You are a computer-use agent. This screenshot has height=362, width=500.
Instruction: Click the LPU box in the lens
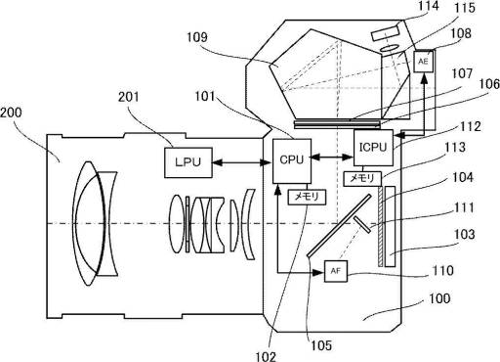point(188,162)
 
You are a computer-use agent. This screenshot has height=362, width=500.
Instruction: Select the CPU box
point(292,160)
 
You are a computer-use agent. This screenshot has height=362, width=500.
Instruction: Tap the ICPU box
point(373,148)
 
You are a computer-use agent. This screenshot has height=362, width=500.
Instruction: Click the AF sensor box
point(336,271)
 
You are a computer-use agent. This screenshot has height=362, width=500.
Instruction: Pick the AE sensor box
point(423,62)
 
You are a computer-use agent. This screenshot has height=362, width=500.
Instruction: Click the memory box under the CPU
point(307,197)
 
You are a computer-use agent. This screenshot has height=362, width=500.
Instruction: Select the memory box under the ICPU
point(362,179)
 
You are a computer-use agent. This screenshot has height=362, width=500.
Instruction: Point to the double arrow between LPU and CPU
point(242,162)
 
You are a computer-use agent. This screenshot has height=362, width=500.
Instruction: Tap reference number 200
point(11,113)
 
